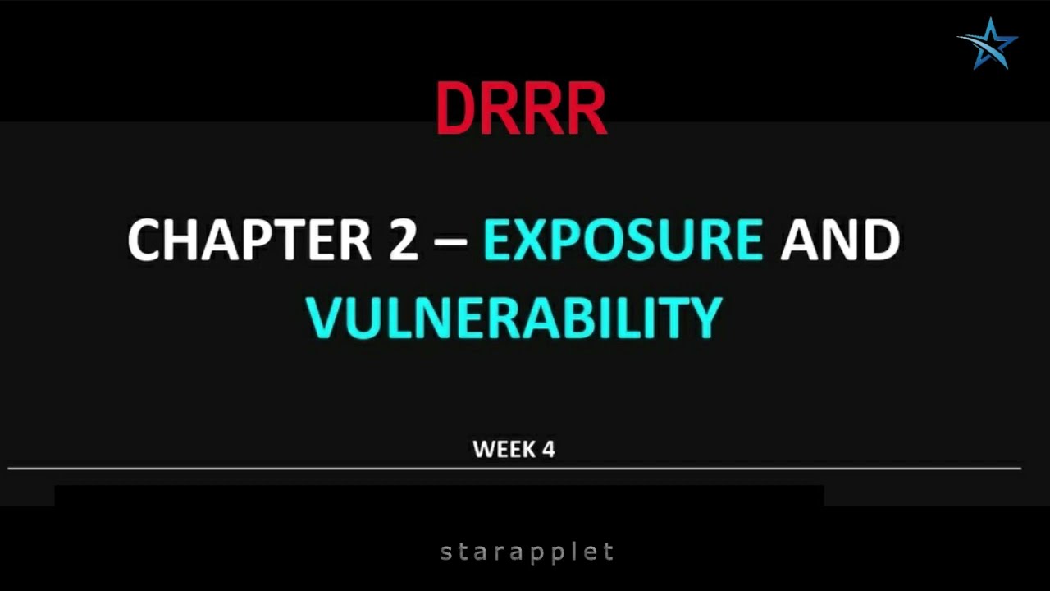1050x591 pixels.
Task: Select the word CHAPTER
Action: tap(249, 240)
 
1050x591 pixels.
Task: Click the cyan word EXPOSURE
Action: tap(623, 240)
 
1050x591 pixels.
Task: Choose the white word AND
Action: tap(839, 240)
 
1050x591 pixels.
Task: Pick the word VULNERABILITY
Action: tap(514, 318)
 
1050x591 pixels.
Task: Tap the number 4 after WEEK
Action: tap(547, 449)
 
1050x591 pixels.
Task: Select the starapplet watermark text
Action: tap(527, 552)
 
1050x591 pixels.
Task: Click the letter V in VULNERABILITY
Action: tap(325, 318)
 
